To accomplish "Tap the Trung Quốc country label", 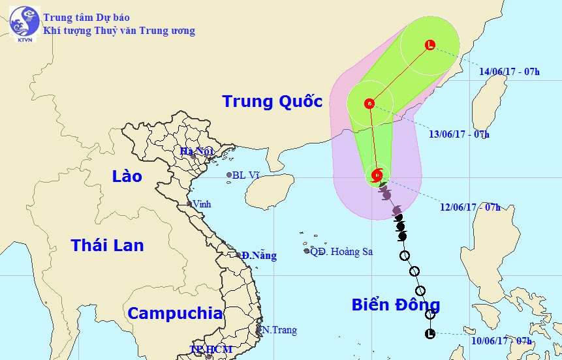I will point(272,102).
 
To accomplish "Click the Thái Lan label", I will point(107,245).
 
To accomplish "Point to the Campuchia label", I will point(174,313).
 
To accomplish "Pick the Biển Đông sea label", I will point(396,305).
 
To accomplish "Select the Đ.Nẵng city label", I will point(259,256).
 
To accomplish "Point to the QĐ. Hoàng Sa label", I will point(341,251).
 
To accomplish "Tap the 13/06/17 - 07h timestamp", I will point(458,134).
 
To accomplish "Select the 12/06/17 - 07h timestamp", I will point(470,207).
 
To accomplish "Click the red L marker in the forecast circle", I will point(429,45).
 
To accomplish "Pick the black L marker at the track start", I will point(429,334).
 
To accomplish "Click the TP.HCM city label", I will point(210,350).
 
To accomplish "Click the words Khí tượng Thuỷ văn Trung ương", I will point(119,31).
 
